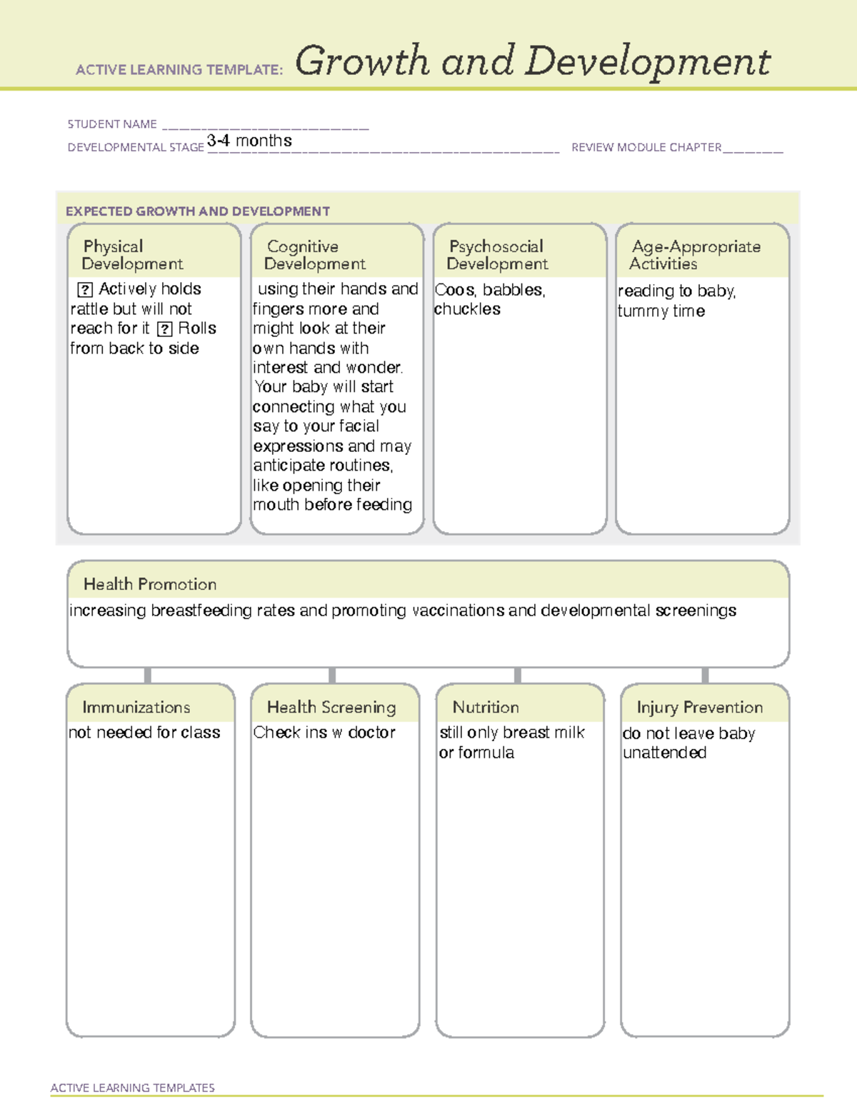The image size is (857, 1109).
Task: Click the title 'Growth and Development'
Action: [532, 61]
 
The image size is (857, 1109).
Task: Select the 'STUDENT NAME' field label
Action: [112, 124]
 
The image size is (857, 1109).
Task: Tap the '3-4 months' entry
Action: [249, 141]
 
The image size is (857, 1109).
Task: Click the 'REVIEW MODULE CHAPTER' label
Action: [646, 148]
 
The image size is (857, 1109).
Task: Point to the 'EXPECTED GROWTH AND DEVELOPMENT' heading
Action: [198, 211]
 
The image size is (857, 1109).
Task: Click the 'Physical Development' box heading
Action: [132, 255]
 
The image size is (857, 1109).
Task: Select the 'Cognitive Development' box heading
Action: [314, 255]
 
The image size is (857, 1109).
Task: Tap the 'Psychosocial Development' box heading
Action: [497, 255]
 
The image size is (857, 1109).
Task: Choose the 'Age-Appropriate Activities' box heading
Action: [696, 255]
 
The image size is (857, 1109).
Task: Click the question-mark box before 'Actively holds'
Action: [85, 289]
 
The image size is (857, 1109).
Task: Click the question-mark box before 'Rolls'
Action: [165, 329]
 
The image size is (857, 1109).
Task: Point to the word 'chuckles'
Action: [468, 309]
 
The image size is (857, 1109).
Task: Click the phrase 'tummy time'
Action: [661, 311]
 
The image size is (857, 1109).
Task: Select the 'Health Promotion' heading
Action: [150, 584]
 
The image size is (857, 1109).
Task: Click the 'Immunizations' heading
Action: [136, 707]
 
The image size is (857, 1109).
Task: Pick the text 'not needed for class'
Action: [144, 733]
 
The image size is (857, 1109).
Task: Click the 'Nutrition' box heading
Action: [486, 707]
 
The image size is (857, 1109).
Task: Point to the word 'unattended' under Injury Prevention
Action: [665, 753]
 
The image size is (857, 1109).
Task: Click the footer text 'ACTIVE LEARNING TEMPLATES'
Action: [133, 1088]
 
